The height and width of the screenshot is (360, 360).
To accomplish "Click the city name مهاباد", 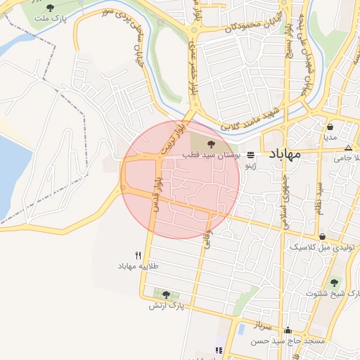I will (x=285, y=153).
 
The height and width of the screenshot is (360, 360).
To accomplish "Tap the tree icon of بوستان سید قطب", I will (x=212, y=143).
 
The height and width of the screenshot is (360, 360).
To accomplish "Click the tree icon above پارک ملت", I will (x=49, y=8).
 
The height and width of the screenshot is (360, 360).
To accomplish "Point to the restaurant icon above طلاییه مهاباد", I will (x=138, y=255).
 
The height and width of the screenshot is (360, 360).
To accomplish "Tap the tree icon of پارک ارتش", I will (x=166, y=295).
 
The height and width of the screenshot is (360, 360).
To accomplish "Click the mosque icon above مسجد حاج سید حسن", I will (x=288, y=330).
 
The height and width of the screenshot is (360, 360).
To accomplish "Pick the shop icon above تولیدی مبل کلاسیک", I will (x=322, y=237).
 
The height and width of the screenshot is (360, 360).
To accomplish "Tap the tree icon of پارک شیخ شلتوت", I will (x=334, y=283).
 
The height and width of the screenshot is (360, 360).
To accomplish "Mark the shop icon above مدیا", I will (x=330, y=127).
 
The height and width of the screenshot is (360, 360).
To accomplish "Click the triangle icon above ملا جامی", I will (x=349, y=148).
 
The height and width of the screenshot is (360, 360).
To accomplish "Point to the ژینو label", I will (x=250, y=166).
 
